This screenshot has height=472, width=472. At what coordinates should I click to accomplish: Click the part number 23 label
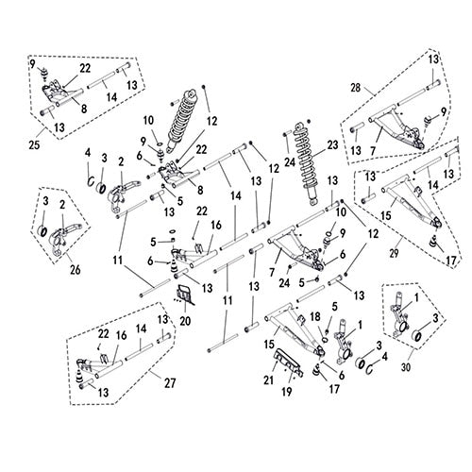point(330,144)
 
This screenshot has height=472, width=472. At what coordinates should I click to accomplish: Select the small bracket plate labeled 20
point(186,295)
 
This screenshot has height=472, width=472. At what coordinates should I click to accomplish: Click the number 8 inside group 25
point(84,110)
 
